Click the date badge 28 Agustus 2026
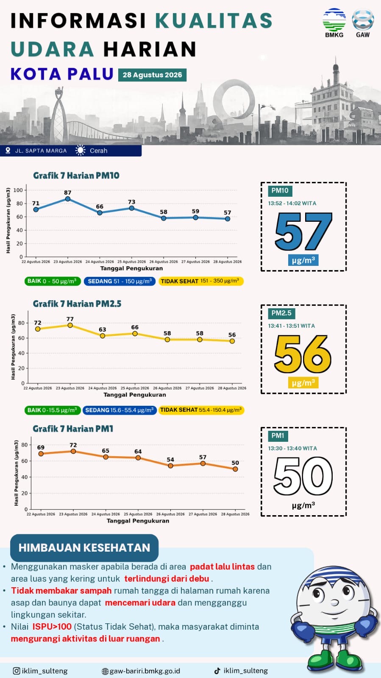pos(152,75)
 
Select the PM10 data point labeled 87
pos(68,199)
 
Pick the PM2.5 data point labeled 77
pos(70,325)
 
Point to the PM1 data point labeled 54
pos(170,466)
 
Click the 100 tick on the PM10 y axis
pos(18,190)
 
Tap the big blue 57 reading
pos(303,231)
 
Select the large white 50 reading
pos(303,476)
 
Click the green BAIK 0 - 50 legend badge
pos(53,281)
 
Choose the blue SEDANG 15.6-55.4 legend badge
pos(120,410)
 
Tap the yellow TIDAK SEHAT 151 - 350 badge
pos(201,281)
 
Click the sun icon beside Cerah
pos(81,151)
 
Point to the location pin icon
pos(8,151)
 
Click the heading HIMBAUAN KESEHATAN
pos(84,547)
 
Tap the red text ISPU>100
pos(52,627)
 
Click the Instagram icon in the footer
pos(17,671)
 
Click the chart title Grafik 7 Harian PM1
pos(73,429)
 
